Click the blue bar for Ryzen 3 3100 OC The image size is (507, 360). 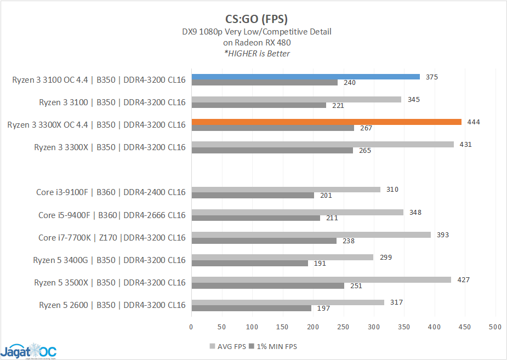tap(305, 77)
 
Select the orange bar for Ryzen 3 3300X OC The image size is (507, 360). tap(326, 122)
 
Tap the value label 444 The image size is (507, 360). tap(474, 122)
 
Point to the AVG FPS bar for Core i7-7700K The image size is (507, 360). tap(311, 235)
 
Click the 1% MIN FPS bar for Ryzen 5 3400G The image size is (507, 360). tap(249, 263)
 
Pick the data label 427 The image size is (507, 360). tap(463, 279)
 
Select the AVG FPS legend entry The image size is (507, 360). tap(226, 346)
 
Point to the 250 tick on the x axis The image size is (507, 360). tap(343, 327)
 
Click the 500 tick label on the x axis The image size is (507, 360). tap(495, 327)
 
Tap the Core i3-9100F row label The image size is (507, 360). tap(111, 192)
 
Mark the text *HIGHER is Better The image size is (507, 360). tap(257, 53)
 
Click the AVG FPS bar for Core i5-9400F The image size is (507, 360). tap(297, 212)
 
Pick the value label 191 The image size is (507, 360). tap(320, 263)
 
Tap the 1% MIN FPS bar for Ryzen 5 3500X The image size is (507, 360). tap(267, 285)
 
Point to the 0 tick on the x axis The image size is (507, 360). tap(191, 327)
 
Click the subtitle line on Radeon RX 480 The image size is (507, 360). tap(257, 42)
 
